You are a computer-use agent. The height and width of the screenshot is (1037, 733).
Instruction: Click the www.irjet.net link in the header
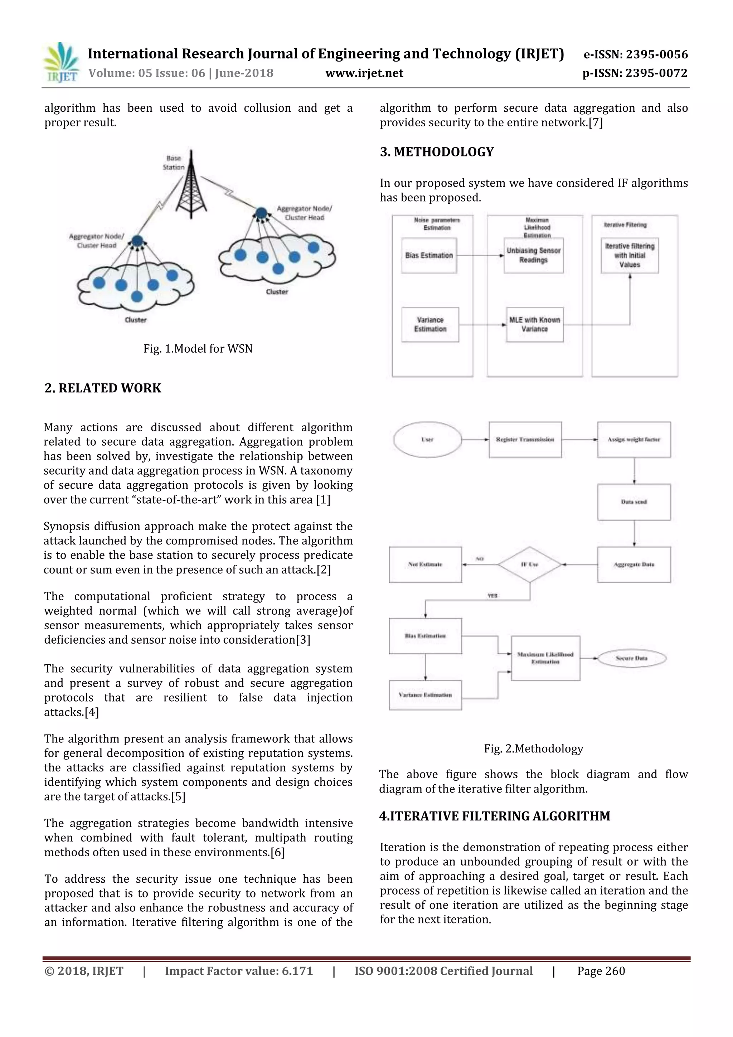[x=364, y=73]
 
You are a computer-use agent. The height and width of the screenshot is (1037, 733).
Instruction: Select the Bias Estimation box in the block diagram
[x=429, y=256]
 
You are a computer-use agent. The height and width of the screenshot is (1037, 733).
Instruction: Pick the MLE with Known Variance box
[x=535, y=325]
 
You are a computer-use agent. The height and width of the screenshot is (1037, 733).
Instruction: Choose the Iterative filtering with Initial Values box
[x=630, y=256]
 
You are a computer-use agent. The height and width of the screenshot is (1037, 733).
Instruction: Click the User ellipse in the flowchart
[x=427, y=440]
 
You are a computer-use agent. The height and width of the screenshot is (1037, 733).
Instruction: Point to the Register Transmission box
[x=525, y=440]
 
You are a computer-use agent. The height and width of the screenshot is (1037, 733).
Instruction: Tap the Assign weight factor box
[x=634, y=440]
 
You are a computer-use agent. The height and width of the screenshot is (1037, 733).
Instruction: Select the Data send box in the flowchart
[x=634, y=502]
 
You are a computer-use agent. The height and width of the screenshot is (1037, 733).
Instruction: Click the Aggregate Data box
[x=634, y=564]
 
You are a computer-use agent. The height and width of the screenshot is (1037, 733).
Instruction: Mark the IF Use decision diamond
[x=530, y=564]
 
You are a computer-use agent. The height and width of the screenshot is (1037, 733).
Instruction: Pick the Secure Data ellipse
[x=631, y=659]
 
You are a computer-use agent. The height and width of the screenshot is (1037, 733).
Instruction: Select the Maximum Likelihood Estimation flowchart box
[x=545, y=659]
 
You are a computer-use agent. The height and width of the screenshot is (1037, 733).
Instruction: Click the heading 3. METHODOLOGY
[x=437, y=152]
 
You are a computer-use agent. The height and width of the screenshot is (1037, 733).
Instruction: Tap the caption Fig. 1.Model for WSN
[x=198, y=349]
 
